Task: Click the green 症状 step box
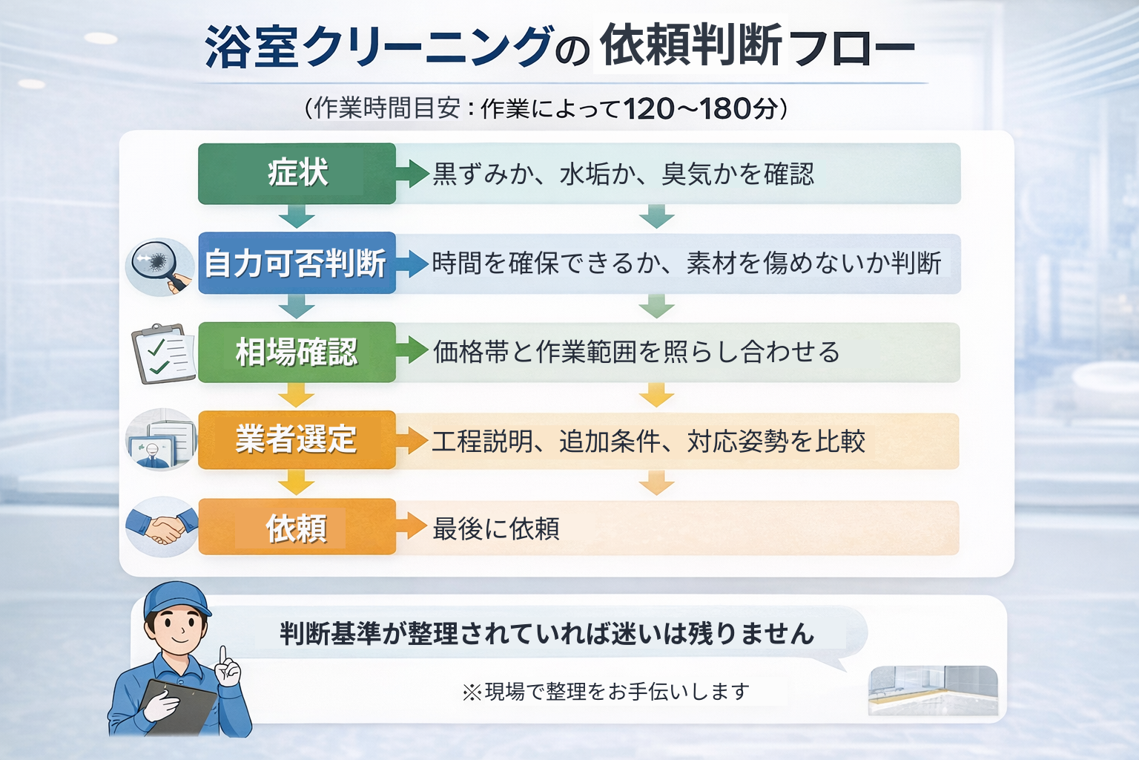click(x=297, y=174)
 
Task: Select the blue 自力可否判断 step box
click(x=297, y=263)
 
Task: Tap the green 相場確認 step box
click(x=297, y=352)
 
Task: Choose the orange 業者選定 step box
click(x=297, y=439)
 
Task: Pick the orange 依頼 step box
click(x=297, y=528)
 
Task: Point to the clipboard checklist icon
click(x=164, y=353)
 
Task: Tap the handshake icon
click(x=162, y=527)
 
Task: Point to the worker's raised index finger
click(x=222, y=655)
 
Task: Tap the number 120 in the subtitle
click(x=649, y=109)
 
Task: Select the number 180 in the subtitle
click(x=725, y=109)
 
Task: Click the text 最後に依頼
click(x=495, y=529)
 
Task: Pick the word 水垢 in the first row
click(x=584, y=174)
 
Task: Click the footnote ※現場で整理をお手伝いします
click(x=605, y=692)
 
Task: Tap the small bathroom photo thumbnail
click(x=933, y=690)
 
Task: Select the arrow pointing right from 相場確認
click(x=412, y=351)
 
